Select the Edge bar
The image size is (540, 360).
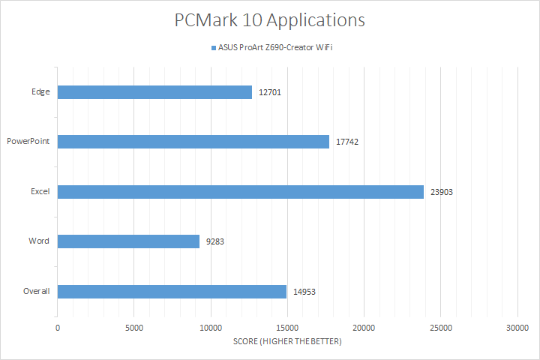[154, 92]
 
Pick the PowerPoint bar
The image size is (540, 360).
[193, 142]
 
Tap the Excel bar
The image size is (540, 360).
[241, 191]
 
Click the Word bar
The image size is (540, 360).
[128, 241]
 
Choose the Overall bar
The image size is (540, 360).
[172, 291]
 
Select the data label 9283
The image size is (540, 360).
[214, 241]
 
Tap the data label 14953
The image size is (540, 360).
[304, 291]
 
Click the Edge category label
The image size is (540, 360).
[40, 92]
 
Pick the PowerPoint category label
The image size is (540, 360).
[28, 142]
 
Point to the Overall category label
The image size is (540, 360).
[36, 291]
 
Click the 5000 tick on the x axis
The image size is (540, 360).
[134, 328]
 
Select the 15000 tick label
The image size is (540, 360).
[287, 328]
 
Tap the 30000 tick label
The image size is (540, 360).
[517, 328]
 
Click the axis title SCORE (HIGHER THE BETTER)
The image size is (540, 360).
[287, 342]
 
